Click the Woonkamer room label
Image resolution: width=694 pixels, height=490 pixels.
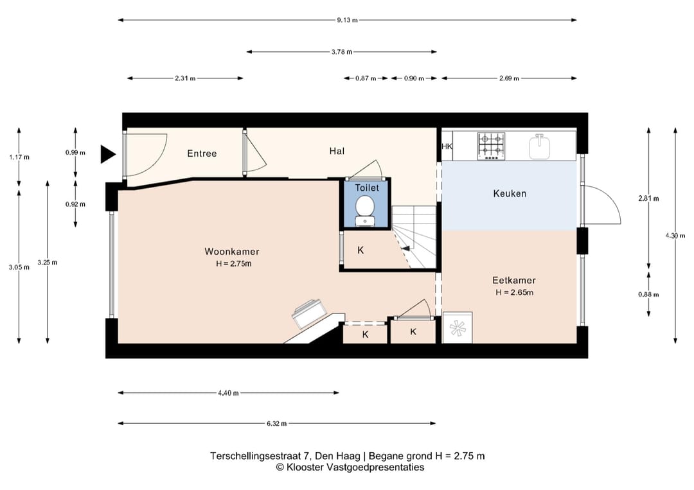pyautogui.click(x=231, y=251)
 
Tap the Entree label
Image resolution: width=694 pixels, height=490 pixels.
pyautogui.click(x=202, y=153)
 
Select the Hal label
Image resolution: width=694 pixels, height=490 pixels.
pyautogui.click(x=337, y=151)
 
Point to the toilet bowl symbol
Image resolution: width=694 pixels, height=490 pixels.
pyautogui.click(x=365, y=211)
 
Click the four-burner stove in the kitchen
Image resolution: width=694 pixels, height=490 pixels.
pyautogui.click(x=492, y=146)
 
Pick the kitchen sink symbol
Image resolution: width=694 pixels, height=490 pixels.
pyautogui.click(x=540, y=146)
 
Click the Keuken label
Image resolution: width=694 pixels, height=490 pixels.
pyautogui.click(x=510, y=193)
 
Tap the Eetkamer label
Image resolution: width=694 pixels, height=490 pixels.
pyautogui.click(x=514, y=280)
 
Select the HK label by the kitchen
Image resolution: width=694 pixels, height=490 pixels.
pyautogui.click(x=447, y=146)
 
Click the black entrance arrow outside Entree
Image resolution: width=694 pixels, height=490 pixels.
pyautogui.click(x=107, y=154)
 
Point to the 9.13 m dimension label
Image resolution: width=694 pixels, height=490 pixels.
pyautogui.click(x=347, y=20)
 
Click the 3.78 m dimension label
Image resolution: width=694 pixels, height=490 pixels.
pyautogui.click(x=342, y=52)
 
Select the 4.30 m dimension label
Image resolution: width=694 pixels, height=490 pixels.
pyautogui.click(x=675, y=236)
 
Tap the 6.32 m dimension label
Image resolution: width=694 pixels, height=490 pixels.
pyautogui.click(x=276, y=423)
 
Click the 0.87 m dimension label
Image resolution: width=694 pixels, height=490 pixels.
pyautogui.click(x=366, y=78)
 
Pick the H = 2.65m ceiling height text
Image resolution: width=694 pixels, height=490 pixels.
pyautogui.click(x=514, y=292)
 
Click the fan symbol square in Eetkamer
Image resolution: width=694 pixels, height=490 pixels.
pyautogui.click(x=458, y=328)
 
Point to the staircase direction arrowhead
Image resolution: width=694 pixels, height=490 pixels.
pyautogui.click(x=405, y=249)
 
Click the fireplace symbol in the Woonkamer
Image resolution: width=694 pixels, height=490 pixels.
pyautogui.click(x=306, y=313)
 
